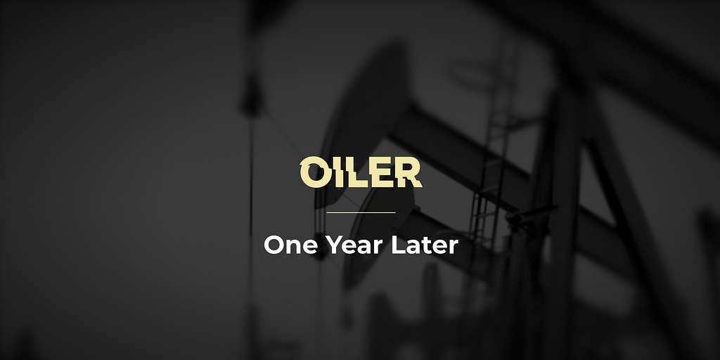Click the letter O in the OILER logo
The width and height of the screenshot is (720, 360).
pos(314,172)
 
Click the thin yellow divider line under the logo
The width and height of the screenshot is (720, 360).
pos(361,212)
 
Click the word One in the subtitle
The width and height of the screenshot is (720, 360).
pos(290,245)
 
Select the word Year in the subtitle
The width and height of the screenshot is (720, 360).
pos(355,245)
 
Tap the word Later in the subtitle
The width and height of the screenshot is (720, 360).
pos(425,245)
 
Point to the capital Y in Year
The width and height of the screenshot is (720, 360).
pos(334,245)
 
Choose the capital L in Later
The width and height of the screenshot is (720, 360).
pos(398,245)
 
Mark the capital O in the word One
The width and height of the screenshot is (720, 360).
pos(274,245)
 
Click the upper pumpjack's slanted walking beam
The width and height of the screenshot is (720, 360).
pos(505,170)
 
